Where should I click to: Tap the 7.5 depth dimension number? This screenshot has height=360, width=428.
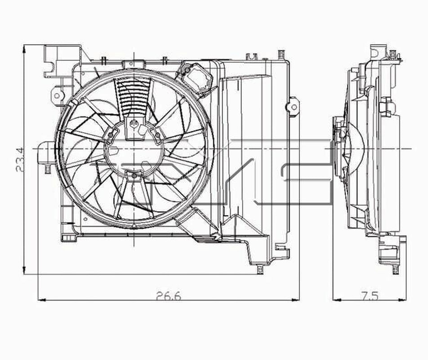coord(370,296)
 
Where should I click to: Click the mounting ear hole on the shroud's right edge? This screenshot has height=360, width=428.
coord(293,107)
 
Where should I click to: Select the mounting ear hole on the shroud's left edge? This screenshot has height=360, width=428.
coord(57,95)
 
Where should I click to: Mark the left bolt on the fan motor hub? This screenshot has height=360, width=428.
coord(110,134)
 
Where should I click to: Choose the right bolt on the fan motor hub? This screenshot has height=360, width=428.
coord(157,134)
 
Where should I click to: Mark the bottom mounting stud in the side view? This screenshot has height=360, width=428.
coord(396,269)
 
